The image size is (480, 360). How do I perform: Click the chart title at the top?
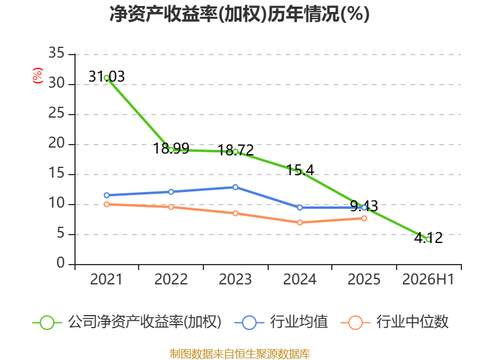pyautogui.click(x=239, y=14)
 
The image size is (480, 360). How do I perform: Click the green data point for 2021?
pyautogui.click(x=107, y=78)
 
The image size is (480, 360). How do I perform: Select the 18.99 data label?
pyautogui.click(x=171, y=148)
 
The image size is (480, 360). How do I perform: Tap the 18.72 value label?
pyautogui.click(x=236, y=151)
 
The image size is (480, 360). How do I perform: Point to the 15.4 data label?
pyautogui.click(x=300, y=170)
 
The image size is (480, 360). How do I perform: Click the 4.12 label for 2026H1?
pyautogui.click(x=428, y=238)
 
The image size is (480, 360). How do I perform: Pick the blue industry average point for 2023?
pyautogui.click(x=235, y=187)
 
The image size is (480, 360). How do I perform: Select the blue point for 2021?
pyautogui.click(x=107, y=196)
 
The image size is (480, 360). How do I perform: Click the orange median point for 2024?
pyautogui.click(x=299, y=223)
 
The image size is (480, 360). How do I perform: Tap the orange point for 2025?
pyautogui.click(x=364, y=218)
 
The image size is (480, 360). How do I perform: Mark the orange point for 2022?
pyautogui.click(x=171, y=207)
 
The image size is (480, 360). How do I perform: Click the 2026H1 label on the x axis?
pyautogui.click(x=428, y=280)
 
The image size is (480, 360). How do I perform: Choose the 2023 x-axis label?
pyautogui.click(x=235, y=280)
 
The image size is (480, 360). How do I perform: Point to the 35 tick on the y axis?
pyautogui.click(x=56, y=53)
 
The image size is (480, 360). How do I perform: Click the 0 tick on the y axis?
pyautogui.click(x=61, y=263)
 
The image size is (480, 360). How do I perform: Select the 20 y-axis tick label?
pyautogui.click(x=56, y=143)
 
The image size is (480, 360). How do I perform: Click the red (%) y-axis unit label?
pyautogui.click(x=38, y=76)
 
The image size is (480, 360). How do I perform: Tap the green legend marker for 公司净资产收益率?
pyautogui.click(x=47, y=323)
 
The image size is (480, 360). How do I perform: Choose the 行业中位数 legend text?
pyautogui.click(x=412, y=322)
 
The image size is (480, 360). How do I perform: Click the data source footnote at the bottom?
pyautogui.click(x=240, y=354)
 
